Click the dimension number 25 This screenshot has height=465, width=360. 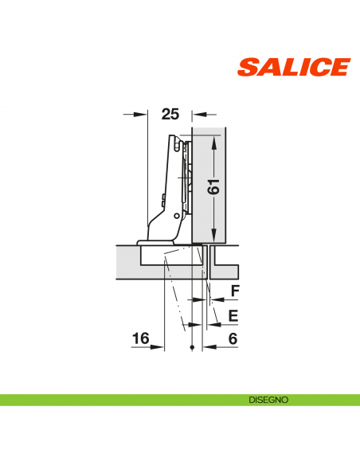pos(170,114)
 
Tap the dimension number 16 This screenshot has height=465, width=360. pos(140,339)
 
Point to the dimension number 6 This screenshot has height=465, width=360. pos(233,339)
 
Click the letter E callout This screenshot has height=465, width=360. pos(233,315)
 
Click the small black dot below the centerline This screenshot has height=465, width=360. pos(193,350)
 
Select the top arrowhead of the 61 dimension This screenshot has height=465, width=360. pos(213,140)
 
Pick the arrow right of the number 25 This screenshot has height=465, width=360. pos(198,114)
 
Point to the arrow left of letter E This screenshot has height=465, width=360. pos(214,324)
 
